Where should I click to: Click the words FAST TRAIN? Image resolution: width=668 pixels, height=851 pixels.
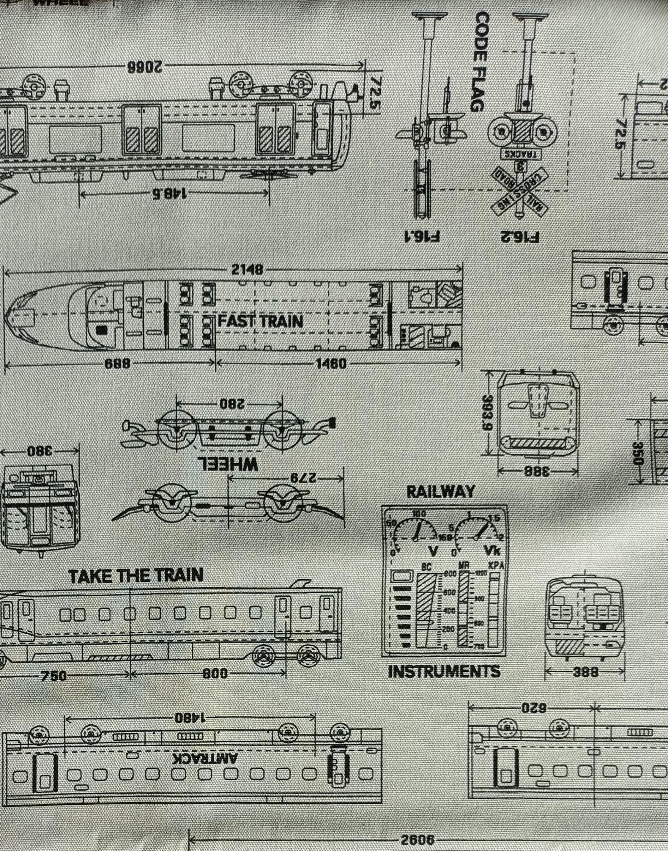click(x=260, y=321)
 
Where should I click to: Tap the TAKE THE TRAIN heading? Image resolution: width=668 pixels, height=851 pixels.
click(x=136, y=576)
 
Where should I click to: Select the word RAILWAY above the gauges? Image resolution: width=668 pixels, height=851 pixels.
click(x=440, y=492)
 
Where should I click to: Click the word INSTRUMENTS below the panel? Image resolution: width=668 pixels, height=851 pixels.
click(x=444, y=672)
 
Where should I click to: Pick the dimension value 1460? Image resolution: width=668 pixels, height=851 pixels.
click(x=331, y=364)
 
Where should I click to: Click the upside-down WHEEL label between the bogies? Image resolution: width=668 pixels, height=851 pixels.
click(x=228, y=465)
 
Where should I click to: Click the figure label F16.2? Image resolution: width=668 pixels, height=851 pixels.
click(x=520, y=237)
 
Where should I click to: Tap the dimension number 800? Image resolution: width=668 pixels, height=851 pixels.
click(x=215, y=673)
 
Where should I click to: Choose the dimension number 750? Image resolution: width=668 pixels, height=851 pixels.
click(x=54, y=676)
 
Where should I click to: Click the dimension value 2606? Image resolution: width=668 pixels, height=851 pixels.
click(x=417, y=840)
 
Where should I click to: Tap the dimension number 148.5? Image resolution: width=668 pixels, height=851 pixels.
click(x=169, y=193)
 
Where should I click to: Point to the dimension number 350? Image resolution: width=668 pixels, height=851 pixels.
click(x=638, y=453)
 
